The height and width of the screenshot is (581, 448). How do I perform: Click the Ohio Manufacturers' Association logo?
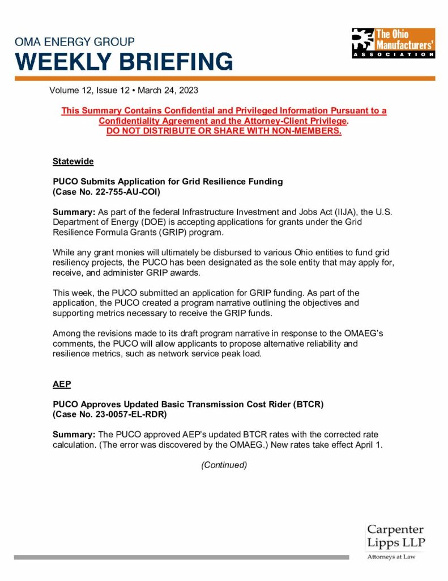393,43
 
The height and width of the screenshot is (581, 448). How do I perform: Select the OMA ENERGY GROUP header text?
75,42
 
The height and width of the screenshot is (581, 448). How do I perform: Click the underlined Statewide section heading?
73,162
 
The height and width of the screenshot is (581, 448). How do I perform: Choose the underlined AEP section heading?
62,384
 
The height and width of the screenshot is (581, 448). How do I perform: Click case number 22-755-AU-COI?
121,192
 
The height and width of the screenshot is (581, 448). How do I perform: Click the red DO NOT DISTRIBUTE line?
224,131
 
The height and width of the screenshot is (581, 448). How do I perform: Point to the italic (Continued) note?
224,465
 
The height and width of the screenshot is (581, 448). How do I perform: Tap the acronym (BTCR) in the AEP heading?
304,404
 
